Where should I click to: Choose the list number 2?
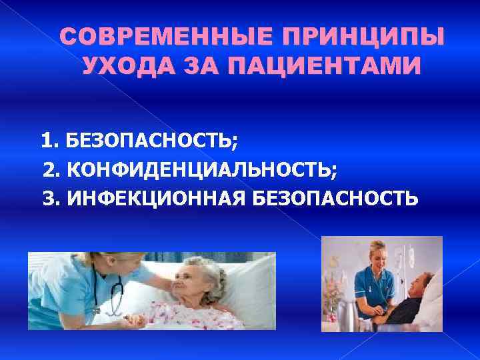(x=49, y=169)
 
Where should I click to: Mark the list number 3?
(x=49, y=198)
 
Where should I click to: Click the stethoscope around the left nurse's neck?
(x=117, y=293)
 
